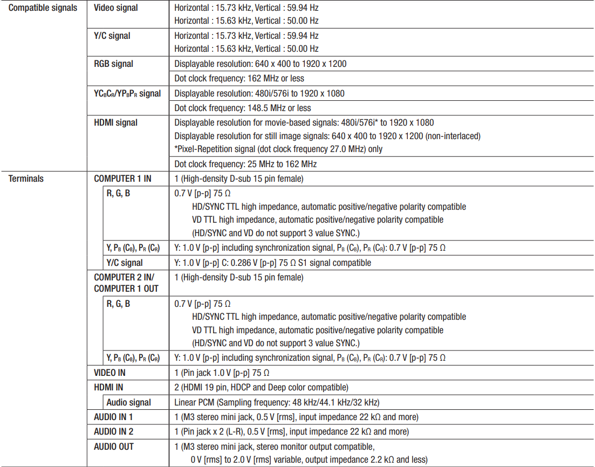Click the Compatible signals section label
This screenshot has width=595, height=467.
pos(43,8)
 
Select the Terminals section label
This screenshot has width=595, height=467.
pos(26,178)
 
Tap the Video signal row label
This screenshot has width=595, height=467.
pos(115,8)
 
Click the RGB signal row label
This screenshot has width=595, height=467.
pos(113,64)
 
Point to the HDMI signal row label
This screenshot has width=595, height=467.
pos(115,122)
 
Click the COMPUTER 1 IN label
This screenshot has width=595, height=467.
pos(122,178)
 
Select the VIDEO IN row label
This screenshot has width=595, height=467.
pos(110,373)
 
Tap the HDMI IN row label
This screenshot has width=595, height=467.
pos(108,387)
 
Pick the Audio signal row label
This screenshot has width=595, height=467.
pos(128,402)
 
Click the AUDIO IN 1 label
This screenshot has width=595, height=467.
pos(113,417)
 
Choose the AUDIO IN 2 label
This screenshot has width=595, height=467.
pos(113,431)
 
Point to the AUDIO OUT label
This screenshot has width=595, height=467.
pos(113,447)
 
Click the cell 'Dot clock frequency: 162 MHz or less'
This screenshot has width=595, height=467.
pos(239,78)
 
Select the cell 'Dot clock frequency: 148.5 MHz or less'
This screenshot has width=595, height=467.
pos(242,108)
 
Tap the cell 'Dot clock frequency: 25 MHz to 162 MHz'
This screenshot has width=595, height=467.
pos(245,164)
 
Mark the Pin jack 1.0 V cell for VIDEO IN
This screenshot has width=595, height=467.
pos(222,373)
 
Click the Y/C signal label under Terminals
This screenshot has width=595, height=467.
pos(125,263)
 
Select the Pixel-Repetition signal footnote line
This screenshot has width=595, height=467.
pos(278,149)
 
